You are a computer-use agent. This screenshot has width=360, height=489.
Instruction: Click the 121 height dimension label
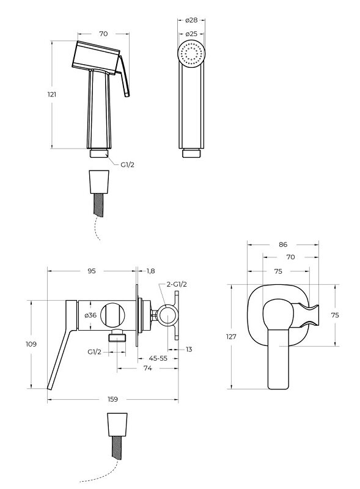(52, 94)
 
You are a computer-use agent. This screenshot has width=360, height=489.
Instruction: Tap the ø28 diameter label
(191, 20)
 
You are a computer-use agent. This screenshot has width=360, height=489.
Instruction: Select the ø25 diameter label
(191, 34)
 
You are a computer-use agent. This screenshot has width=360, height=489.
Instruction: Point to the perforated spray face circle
(191, 53)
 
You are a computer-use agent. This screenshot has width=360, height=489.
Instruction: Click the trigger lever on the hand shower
(123, 76)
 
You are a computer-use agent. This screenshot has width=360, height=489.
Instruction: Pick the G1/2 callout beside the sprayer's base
(127, 164)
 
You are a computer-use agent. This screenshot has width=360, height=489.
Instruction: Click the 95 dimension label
(92, 271)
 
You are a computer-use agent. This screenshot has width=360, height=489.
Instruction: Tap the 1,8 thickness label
(151, 271)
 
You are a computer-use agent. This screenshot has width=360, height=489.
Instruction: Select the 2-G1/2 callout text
(177, 284)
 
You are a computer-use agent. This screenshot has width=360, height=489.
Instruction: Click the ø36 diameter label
(90, 315)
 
